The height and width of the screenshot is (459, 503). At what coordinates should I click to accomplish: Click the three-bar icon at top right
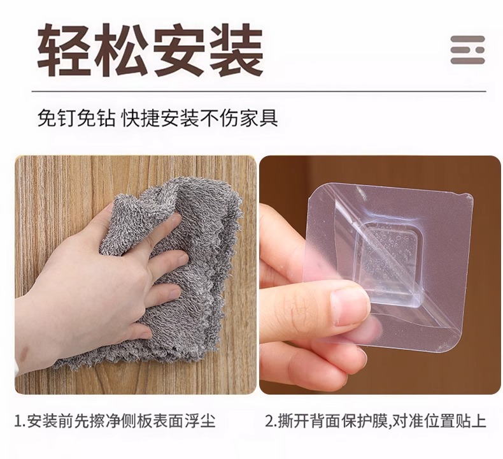(467, 50)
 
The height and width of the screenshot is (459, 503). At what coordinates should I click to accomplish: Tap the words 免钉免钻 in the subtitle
(76, 118)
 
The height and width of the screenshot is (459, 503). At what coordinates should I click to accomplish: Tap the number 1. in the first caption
(20, 421)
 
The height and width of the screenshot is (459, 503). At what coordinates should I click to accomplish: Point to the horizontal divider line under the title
(259, 92)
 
